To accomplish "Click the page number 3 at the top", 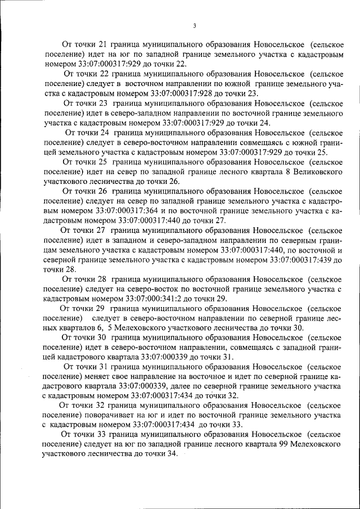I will point(194,25).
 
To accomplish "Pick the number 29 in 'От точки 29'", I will point(100,308).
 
